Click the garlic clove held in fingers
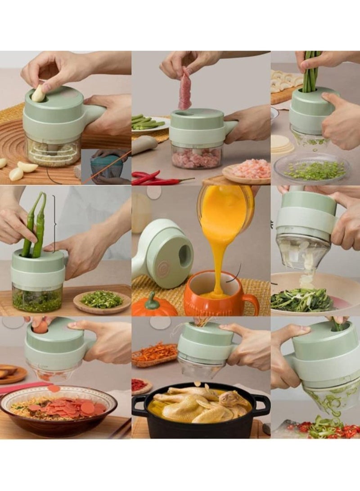point(38,94)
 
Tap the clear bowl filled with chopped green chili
point(37,298)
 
